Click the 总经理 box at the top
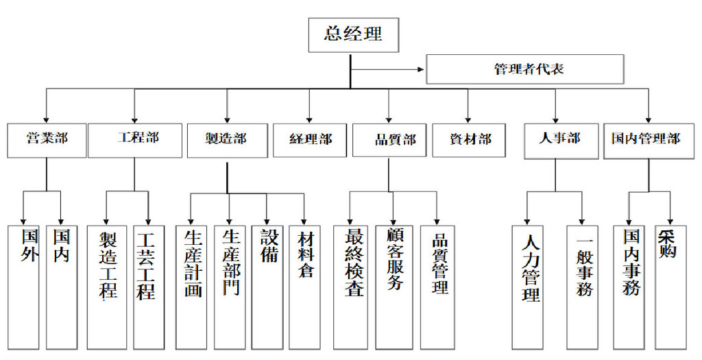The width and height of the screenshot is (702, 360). click(353, 34)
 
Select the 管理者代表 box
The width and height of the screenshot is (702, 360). click(525, 69)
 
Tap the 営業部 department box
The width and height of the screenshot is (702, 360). click(47, 139)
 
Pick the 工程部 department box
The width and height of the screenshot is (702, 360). click(135, 139)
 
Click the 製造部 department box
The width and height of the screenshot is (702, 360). click(227, 139)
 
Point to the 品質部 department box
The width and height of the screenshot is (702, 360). click(389, 139)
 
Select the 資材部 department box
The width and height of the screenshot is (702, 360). click(469, 139)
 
